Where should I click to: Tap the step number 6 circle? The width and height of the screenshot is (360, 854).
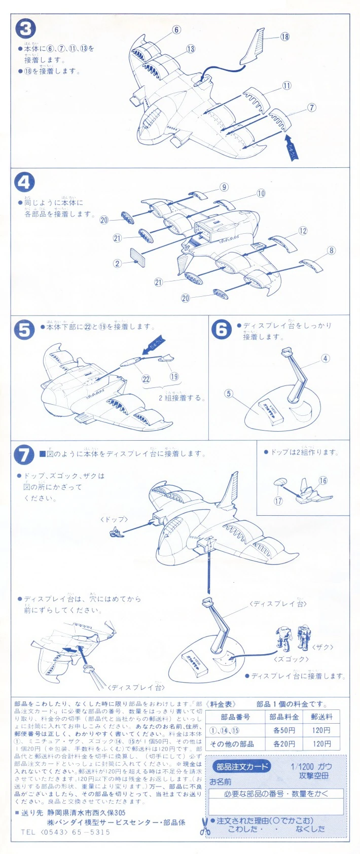pos(222,330)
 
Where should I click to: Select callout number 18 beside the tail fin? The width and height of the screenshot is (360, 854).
pos(284,37)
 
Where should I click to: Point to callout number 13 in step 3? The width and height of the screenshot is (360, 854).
pos(190,49)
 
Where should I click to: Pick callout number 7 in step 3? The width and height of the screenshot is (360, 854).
pos(311,108)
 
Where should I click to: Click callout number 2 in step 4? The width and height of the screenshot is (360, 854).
pos(118,263)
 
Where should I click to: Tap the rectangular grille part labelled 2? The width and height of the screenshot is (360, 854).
pos(138,257)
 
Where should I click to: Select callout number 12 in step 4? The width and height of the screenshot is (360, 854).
pos(303,231)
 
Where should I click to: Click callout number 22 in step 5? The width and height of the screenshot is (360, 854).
pos(146,379)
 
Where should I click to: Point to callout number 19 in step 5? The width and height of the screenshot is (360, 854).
pos(174,376)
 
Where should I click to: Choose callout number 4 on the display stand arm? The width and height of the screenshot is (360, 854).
pos(325,359)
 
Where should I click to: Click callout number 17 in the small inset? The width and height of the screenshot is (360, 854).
pos(278,501)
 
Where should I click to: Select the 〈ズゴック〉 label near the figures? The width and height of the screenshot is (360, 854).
pos(291,659)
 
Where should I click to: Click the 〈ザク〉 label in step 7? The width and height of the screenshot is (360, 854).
pos(322,647)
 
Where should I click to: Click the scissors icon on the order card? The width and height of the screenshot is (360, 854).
pos(205,827)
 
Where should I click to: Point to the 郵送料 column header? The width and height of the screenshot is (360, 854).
pos(321,717)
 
